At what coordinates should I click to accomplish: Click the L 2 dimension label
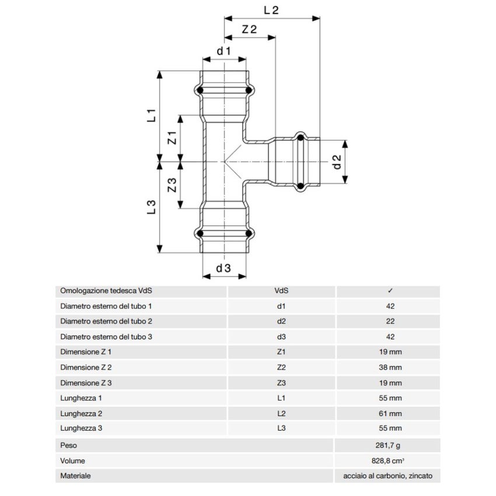pyautogui.click(x=272, y=9)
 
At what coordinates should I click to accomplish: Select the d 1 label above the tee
pyautogui.click(x=224, y=51)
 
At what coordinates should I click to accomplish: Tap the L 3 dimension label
pyautogui.click(x=151, y=208)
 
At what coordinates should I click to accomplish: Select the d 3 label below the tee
pyautogui.click(x=224, y=268)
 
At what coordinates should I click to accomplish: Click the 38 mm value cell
pyautogui.click(x=390, y=368)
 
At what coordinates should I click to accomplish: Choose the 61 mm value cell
pyautogui.click(x=390, y=414)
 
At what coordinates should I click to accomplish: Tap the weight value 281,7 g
pyautogui.click(x=390, y=445)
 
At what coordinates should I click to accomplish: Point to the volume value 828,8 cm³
pyautogui.click(x=390, y=460)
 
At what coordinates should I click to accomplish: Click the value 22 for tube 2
pyautogui.click(x=390, y=322)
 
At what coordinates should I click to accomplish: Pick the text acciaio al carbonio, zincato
pyautogui.click(x=388, y=476)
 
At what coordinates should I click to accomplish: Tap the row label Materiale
pyautogui.click(x=76, y=476)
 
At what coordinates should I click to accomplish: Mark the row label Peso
pyautogui.click(x=69, y=445)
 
